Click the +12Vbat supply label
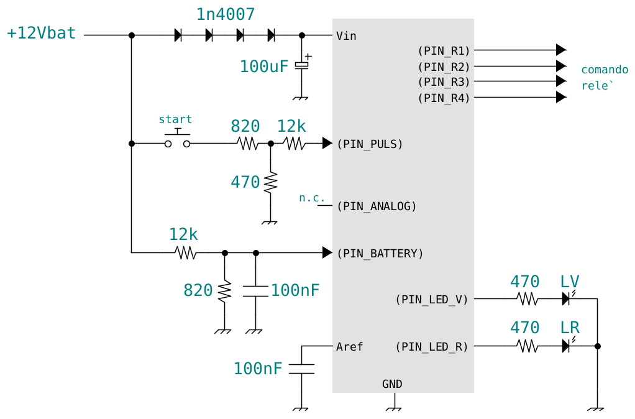[x=41, y=33]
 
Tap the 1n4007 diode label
[x=226, y=14]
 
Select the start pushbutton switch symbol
[x=177, y=139]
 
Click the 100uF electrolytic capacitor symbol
[x=302, y=64]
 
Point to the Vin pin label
[x=346, y=36]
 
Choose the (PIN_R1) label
[x=444, y=50]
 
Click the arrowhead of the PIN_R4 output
[x=561, y=97]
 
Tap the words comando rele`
[x=605, y=78]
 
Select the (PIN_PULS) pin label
[x=370, y=144]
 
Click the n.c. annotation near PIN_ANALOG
[x=312, y=198]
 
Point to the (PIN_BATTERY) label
[x=380, y=254]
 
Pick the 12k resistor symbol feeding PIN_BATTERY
[x=186, y=253]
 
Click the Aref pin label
[x=349, y=347]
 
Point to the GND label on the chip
[x=392, y=384]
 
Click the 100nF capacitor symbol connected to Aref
[x=302, y=369]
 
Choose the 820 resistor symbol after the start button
[x=247, y=144]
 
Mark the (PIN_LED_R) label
[x=432, y=347]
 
